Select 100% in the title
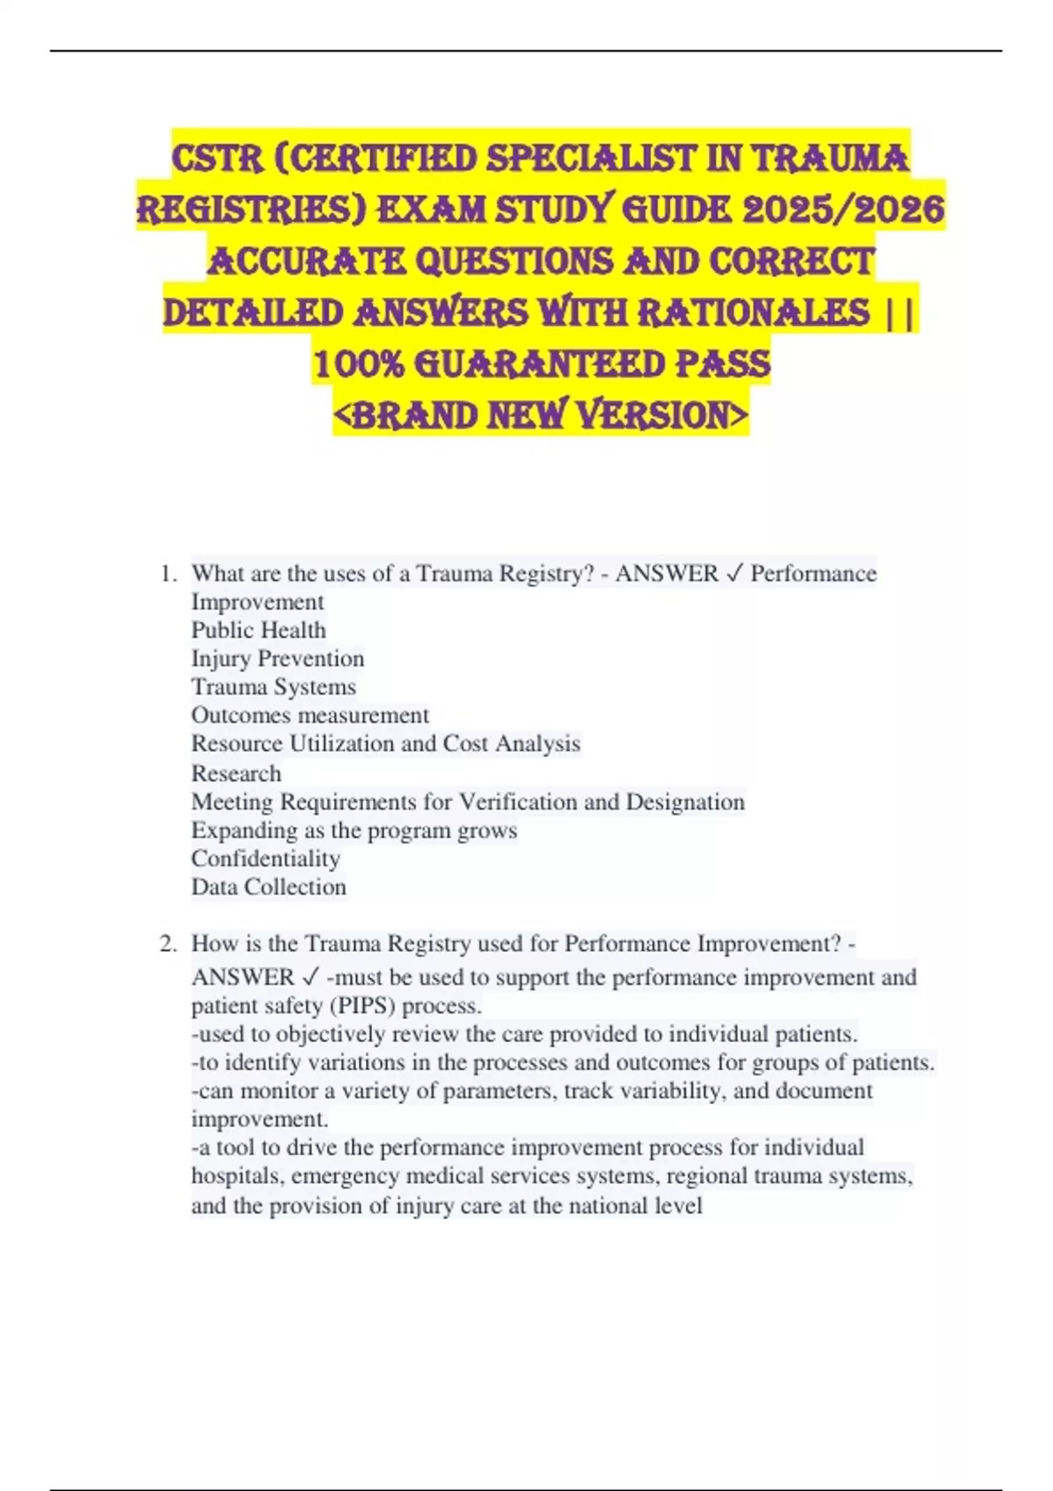357,364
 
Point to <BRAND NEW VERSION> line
541,415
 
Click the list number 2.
168,944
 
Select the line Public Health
259,630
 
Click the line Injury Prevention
277,659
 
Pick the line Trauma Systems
274,687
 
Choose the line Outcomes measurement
311,715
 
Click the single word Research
236,774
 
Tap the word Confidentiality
266,859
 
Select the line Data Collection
269,887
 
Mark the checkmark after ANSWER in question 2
310,977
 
